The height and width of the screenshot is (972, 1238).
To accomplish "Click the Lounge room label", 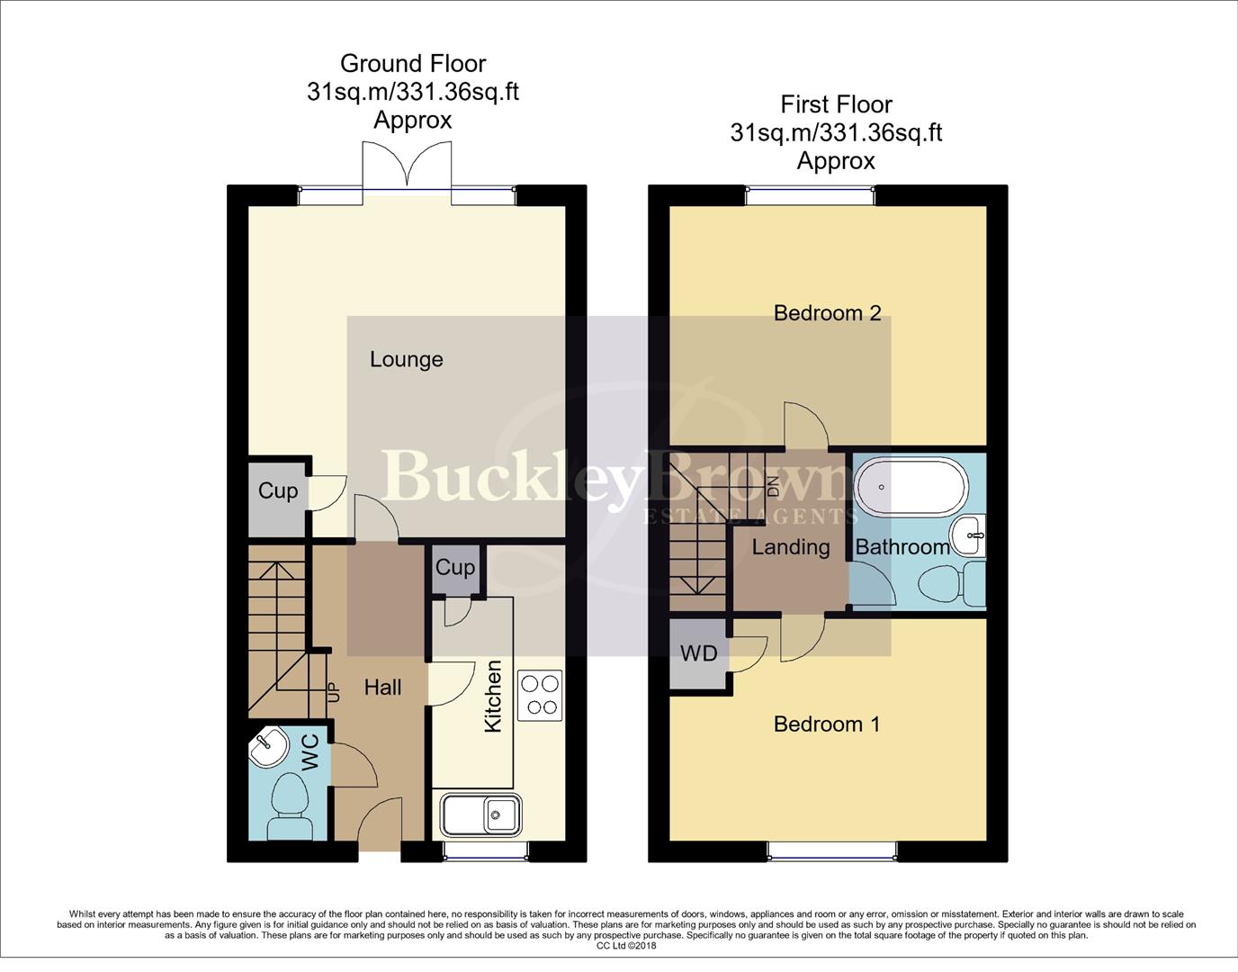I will [406, 360].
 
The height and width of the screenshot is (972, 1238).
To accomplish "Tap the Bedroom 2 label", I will [827, 313].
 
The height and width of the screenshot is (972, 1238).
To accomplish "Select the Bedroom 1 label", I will [826, 724].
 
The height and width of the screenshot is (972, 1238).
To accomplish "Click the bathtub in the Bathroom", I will [911, 487].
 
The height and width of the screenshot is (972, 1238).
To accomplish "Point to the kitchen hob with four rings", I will [541, 695].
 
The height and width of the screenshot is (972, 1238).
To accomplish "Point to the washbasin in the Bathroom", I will [969, 536].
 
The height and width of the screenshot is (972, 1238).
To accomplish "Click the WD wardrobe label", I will [699, 653].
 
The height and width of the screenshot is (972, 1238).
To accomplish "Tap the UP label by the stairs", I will [334, 691].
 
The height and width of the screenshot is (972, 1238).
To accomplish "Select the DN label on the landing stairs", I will [773, 487].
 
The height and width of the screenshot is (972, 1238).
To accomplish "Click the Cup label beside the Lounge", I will [277, 491].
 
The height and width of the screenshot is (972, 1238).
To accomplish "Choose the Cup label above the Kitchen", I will [455, 568].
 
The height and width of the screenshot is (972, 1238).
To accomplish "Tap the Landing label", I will [790, 547].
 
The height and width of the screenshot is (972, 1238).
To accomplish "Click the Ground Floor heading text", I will [413, 64].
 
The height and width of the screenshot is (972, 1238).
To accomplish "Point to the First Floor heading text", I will [836, 104].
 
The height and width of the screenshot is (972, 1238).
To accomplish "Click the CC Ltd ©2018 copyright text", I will [626, 946].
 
